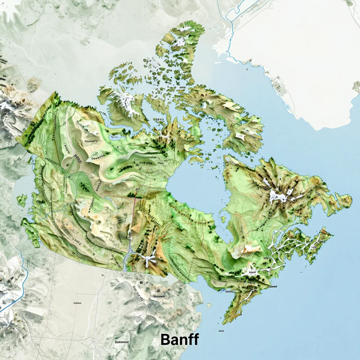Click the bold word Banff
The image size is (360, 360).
[x=180, y=340]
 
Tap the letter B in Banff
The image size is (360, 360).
[x=165, y=340]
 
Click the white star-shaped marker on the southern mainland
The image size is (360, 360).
[x=148, y=261]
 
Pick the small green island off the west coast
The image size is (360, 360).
[x=22, y=200]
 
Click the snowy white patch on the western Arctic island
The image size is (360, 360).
[x=125, y=102]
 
